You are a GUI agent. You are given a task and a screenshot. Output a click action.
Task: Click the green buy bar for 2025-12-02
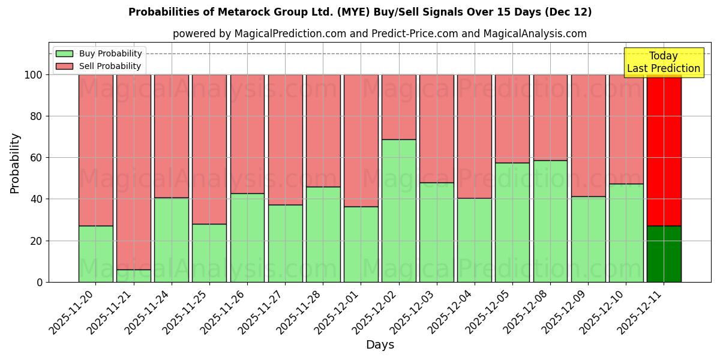click(398, 211)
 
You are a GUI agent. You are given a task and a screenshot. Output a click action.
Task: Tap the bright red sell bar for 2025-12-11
click(664, 150)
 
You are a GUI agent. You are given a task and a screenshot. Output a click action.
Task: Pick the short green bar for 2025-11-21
click(133, 276)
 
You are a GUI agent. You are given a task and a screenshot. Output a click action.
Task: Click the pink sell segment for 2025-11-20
click(95, 150)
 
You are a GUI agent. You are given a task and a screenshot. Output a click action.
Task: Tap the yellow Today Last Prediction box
click(664, 62)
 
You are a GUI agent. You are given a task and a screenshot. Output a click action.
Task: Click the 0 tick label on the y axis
click(40, 282)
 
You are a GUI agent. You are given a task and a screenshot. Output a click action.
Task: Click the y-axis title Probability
click(15, 163)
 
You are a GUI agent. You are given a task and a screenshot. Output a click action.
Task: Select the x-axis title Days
click(380, 345)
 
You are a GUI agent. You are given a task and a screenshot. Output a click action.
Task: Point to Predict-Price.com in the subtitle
click(415, 34)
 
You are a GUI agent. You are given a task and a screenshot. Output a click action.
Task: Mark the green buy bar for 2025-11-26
click(247, 238)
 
